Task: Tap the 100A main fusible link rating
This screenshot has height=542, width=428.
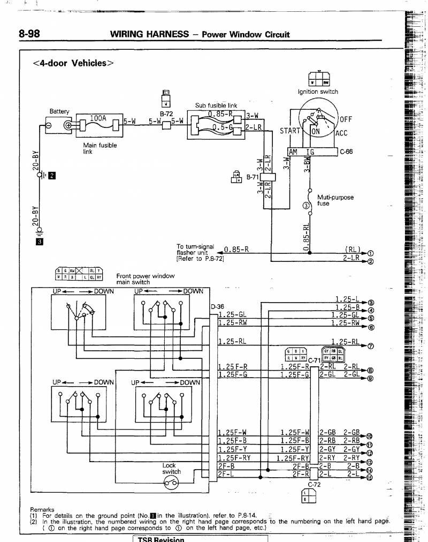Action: click(98, 118)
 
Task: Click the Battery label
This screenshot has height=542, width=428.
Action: click(59, 111)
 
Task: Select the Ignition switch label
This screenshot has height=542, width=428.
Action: click(318, 92)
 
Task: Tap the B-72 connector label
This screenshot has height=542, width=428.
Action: click(166, 114)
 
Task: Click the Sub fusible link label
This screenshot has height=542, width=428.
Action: click(216, 106)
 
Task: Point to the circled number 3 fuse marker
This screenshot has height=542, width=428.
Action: click(306, 205)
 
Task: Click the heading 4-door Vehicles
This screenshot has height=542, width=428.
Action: click(73, 63)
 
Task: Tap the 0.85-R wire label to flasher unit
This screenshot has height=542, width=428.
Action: click(236, 250)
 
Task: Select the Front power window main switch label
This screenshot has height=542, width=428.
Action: click(145, 279)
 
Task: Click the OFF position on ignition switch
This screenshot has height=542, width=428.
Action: click(346, 119)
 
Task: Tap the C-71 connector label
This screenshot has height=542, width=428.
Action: click(314, 359)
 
